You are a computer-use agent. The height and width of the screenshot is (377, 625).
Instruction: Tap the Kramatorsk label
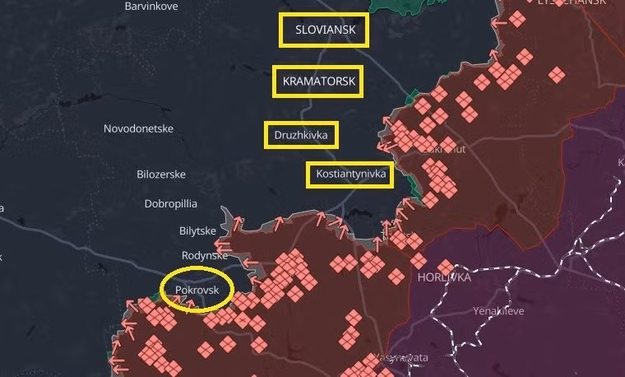pyautogui.click(x=318, y=82)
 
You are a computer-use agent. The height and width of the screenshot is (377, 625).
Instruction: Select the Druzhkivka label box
pyautogui.click(x=301, y=135)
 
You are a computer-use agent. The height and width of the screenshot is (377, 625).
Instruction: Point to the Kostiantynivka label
pyautogui.click(x=350, y=175)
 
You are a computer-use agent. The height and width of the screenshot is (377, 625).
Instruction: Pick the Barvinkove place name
pyautogui.click(x=151, y=6)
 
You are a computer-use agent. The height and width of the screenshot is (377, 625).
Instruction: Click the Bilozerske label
pyautogui.click(x=160, y=175)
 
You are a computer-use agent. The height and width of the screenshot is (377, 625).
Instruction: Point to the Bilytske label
pyautogui.click(x=197, y=231)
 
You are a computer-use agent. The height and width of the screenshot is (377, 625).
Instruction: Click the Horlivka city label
pyautogui.click(x=443, y=278)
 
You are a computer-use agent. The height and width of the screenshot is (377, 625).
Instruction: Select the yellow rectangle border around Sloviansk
pyautogui.click(x=323, y=16)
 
